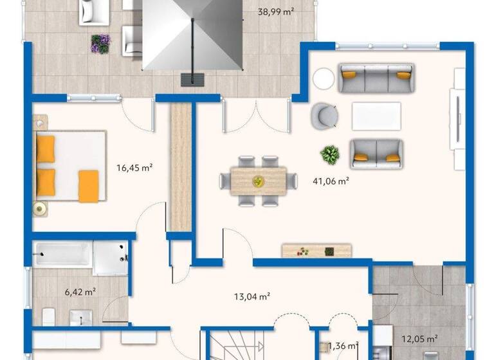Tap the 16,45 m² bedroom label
click(x=134, y=168)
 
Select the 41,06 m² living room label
click(x=331, y=181)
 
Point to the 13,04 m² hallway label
click(x=251, y=296)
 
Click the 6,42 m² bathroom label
click(x=80, y=291)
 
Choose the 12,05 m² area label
click(x=420, y=338)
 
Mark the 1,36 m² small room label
click(x=344, y=347)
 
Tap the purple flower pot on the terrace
click(x=100, y=43)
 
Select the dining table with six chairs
click(x=257, y=181)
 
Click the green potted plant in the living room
click(x=330, y=154)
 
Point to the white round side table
click(x=324, y=80)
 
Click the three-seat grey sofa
click(x=376, y=78)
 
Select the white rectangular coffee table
click(x=376, y=116)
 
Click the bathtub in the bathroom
click(x=62, y=255)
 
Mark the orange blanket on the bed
click(x=88, y=186)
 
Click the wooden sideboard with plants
click(x=316, y=251)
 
